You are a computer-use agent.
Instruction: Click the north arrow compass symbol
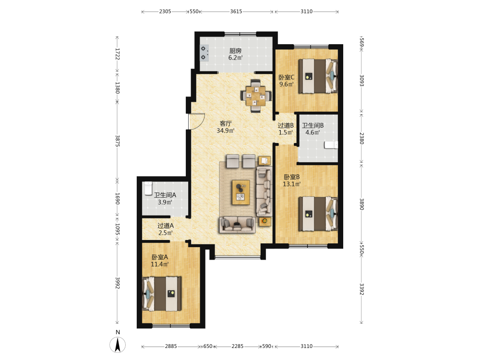click(118, 345)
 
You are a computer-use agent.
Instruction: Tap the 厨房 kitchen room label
click(235, 51)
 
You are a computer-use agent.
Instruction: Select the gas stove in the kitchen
click(204, 53)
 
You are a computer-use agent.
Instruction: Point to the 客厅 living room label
click(226, 123)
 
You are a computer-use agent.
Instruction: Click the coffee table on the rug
click(241, 192)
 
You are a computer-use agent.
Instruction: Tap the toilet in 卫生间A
click(148, 188)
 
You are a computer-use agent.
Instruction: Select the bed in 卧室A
click(162, 294)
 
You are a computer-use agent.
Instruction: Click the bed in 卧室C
click(318, 76)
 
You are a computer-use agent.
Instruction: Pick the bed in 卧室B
click(318, 214)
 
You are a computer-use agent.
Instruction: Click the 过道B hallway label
click(286, 125)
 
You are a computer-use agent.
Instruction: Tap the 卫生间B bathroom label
click(312, 125)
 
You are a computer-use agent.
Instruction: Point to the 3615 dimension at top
click(236, 12)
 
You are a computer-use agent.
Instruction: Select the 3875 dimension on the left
click(117, 141)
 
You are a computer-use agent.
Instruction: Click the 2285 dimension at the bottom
click(237, 346)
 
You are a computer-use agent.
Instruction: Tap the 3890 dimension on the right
click(361, 204)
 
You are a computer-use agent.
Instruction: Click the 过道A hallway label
click(165, 226)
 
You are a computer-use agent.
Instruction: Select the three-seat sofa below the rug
click(237, 225)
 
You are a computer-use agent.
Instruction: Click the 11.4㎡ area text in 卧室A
click(159, 264)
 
